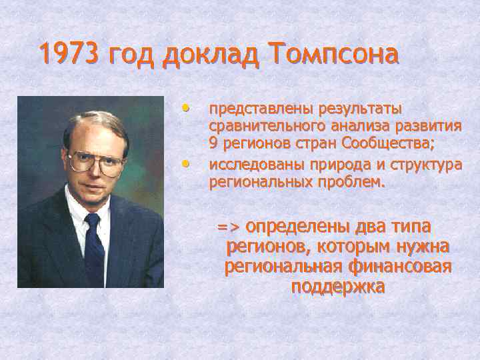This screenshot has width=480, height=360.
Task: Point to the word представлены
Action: coord(263,109)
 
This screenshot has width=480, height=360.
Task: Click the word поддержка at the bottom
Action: coord(337,287)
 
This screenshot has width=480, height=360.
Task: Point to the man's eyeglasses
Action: coord(95,160)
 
